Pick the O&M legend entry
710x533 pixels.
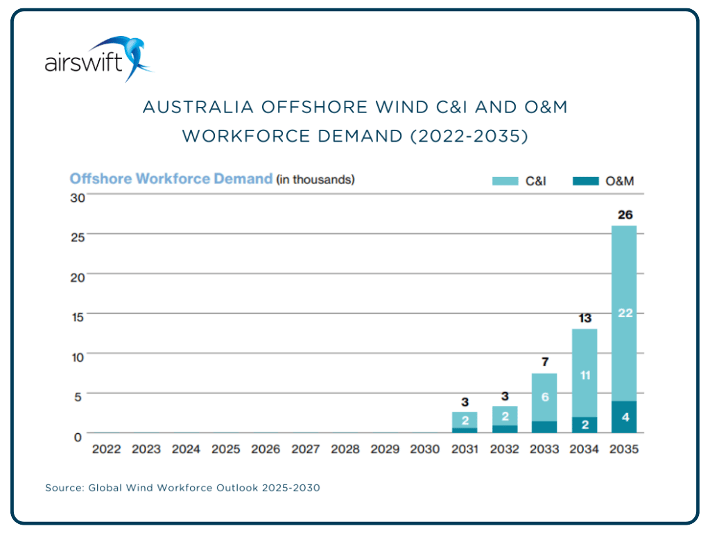click(603, 181)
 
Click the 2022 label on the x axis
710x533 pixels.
click(106, 449)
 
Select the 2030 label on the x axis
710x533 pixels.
click(425, 449)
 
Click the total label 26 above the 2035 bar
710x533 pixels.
click(625, 214)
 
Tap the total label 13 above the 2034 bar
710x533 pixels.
click(585, 318)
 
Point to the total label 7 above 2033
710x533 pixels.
click(544, 362)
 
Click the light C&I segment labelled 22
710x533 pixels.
click(625, 313)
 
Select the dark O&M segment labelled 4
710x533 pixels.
click(625, 417)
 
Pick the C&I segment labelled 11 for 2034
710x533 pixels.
click(585, 375)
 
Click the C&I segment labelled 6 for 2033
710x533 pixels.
click(544, 397)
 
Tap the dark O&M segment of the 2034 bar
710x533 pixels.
click(585, 424)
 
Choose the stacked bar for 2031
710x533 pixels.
click(465, 422)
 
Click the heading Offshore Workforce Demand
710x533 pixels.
click(171, 179)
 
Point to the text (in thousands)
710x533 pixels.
click(315, 180)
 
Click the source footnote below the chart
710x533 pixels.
click(182, 488)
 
